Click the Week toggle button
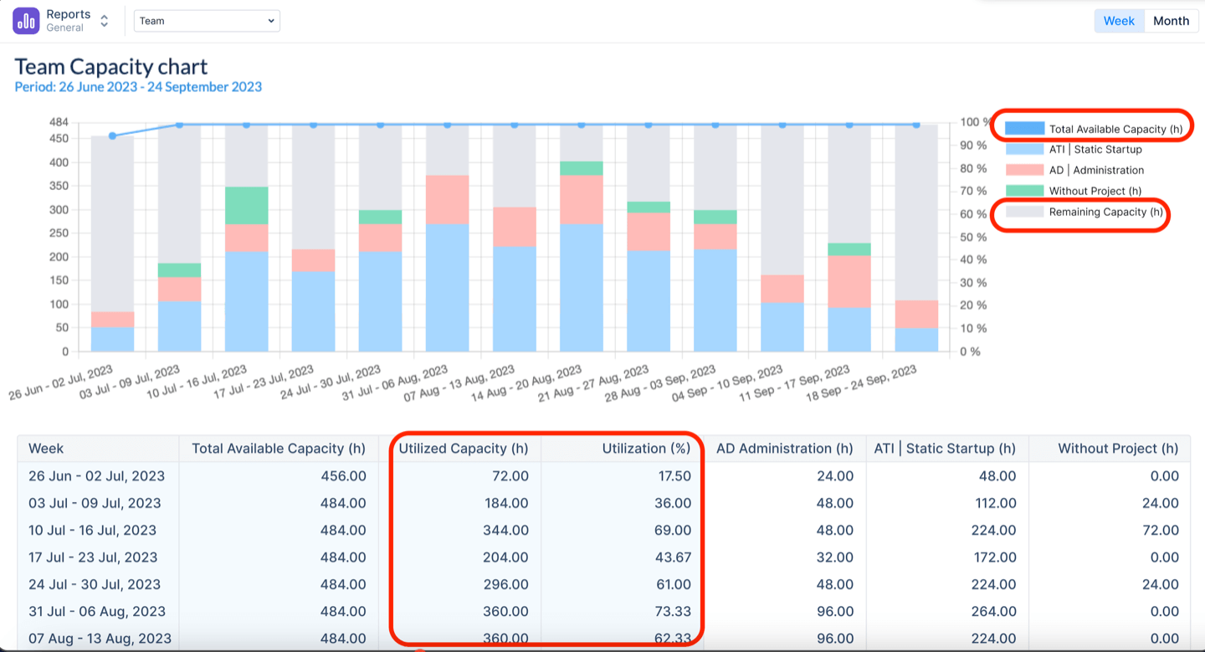pos(1118,21)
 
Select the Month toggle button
pos(1170,21)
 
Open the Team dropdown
pos(207,21)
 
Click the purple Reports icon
pos(26,21)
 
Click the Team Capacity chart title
pos(111,67)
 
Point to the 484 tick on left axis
pos(58,122)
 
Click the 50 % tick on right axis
pos(969,237)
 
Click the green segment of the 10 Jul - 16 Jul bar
pos(247,205)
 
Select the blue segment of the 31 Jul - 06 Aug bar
pos(448,287)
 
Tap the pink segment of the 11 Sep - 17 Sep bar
pos(849,281)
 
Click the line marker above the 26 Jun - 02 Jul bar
pos(112,136)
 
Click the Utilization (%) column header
pos(646,449)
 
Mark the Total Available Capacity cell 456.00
pos(345,476)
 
